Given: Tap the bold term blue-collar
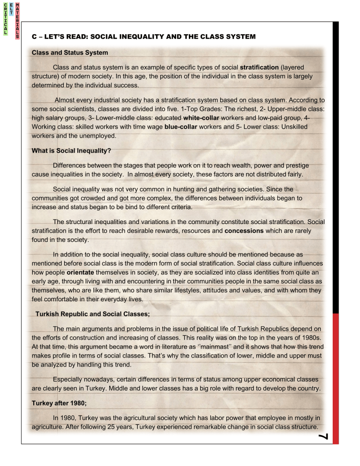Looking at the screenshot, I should pyautogui.click(x=181, y=127).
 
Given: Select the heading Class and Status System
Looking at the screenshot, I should pyautogui.click(x=70, y=52).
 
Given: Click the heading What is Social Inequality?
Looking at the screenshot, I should pyautogui.click(x=71, y=150).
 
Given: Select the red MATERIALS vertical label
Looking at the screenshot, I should pyautogui.click(x=17, y=20).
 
